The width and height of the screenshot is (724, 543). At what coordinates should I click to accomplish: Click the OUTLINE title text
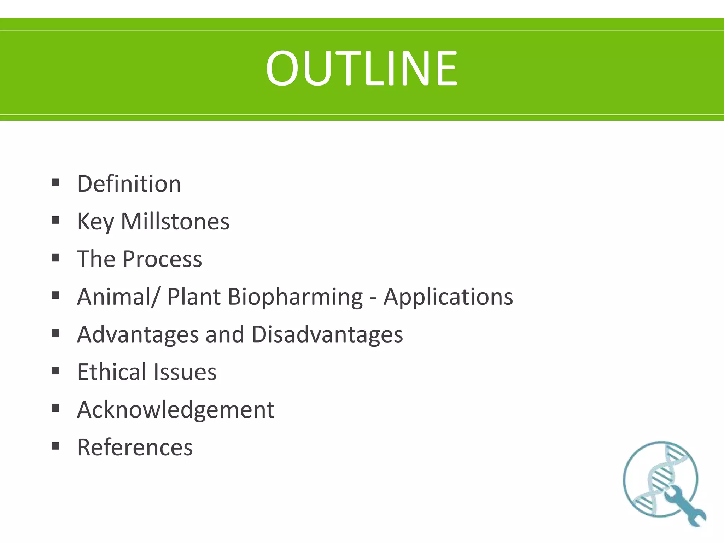pos(362,68)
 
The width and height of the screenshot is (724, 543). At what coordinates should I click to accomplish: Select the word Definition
pos(129,184)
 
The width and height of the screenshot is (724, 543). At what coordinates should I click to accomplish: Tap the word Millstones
pos(175,222)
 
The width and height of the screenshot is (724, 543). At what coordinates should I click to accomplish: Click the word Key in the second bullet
pos(95,222)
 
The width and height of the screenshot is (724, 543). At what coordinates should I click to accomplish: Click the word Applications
pos(448,297)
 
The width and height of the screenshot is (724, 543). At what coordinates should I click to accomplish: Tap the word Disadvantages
pos(327,334)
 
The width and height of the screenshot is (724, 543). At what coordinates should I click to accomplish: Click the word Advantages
pos(138,334)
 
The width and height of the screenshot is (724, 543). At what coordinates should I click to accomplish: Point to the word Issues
pos(185,372)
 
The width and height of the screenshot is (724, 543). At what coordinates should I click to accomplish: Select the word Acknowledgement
pos(176,410)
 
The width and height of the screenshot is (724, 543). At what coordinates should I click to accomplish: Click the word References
pos(135,447)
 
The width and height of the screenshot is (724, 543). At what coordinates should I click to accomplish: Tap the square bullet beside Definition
pos(56,182)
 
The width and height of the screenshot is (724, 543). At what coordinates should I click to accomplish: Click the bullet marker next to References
pos(56,445)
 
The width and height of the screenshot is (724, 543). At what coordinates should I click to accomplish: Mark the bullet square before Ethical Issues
pos(56,370)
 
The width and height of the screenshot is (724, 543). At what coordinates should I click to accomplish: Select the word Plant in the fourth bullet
pos(194,297)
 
